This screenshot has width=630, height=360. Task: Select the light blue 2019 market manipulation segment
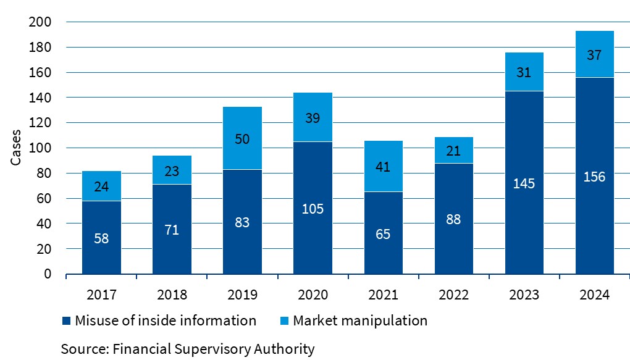coord(242,138)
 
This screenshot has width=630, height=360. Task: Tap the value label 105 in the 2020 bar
coord(313,209)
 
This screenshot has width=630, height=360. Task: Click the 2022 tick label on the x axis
coord(454,295)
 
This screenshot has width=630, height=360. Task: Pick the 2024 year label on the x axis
coord(595,295)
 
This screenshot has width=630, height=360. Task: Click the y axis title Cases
coord(17,148)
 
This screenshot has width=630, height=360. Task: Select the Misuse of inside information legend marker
coord(66,321)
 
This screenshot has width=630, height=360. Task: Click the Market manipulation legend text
coord(360,320)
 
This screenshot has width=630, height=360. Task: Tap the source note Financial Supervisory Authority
coord(188,349)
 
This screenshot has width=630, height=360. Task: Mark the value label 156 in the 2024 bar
coord(595,177)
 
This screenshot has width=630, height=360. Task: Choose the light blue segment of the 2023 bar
coord(524,72)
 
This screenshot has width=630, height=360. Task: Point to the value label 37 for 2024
coord(595,55)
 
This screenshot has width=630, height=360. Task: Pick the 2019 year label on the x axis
coord(242,295)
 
